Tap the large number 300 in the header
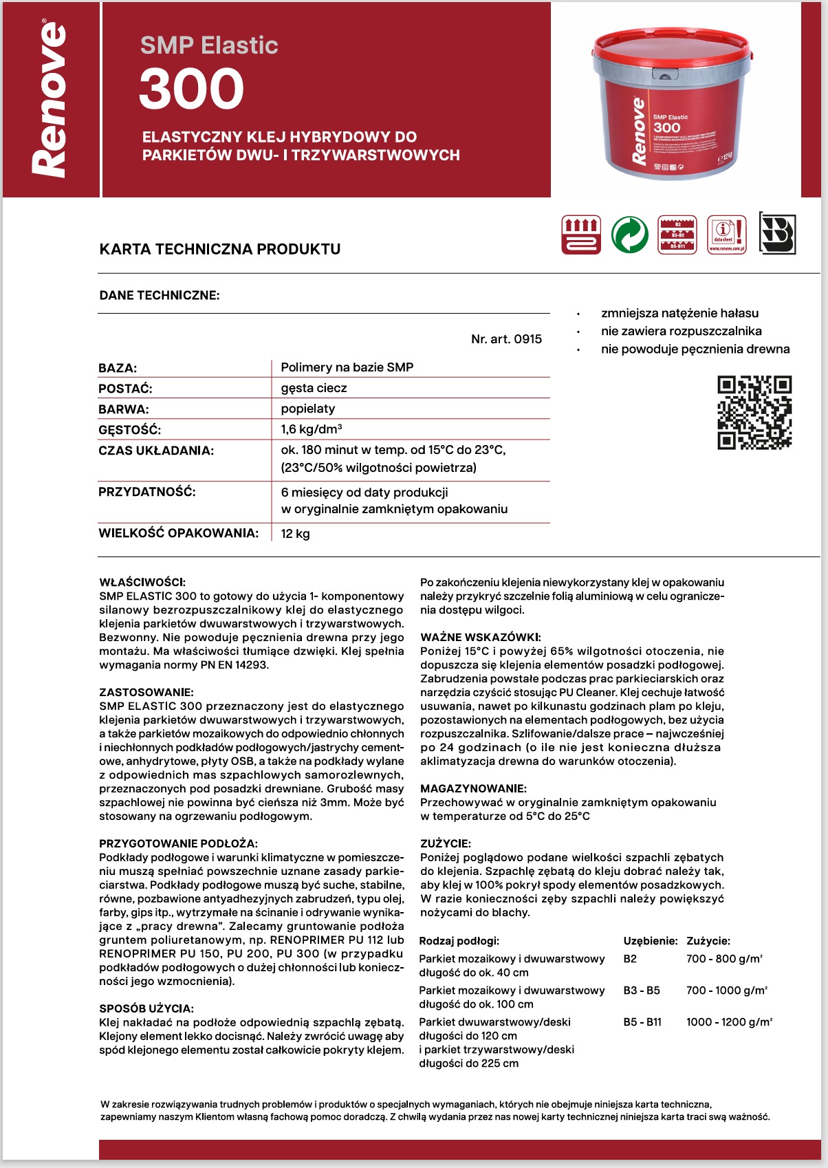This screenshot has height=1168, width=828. pyautogui.click(x=191, y=89)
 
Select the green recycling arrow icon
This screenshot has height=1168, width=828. pyautogui.click(x=629, y=235)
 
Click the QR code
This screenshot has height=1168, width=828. pyautogui.click(x=754, y=413)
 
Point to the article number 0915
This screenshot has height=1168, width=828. pyautogui.click(x=506, y=339)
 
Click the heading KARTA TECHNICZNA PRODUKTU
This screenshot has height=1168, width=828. pyautogui.click(x=220, y=249)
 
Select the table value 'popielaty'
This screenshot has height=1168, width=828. pyautogui.click(x=308, y=409)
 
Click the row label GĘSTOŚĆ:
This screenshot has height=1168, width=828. pyautogui.click(x=130, y=431)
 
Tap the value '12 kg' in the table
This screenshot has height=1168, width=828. pyautogui.click(x=296, y=534)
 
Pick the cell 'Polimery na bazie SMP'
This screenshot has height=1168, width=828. pyautogui.click(x=347, y=367)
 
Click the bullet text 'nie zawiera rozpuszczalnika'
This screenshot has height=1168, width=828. pyautogui.click(x=681, y=331)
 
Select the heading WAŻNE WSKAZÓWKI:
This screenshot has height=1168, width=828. pyautogui.click(x=481, y=638)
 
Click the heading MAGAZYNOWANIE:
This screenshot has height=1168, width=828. pyautogui.click(x=473, y=789)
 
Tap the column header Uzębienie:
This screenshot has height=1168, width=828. pyautogui.click(x=651, y=941)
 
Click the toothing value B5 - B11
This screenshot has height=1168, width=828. pyautogui.click(x=642, y=1022)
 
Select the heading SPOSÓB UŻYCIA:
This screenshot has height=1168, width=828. pyautogui.click(x=146, y=1009)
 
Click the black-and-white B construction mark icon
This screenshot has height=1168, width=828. pyautogui.click(x=777, y=234)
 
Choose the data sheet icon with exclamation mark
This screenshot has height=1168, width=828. pyautogui.click(x=727, y=235)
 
